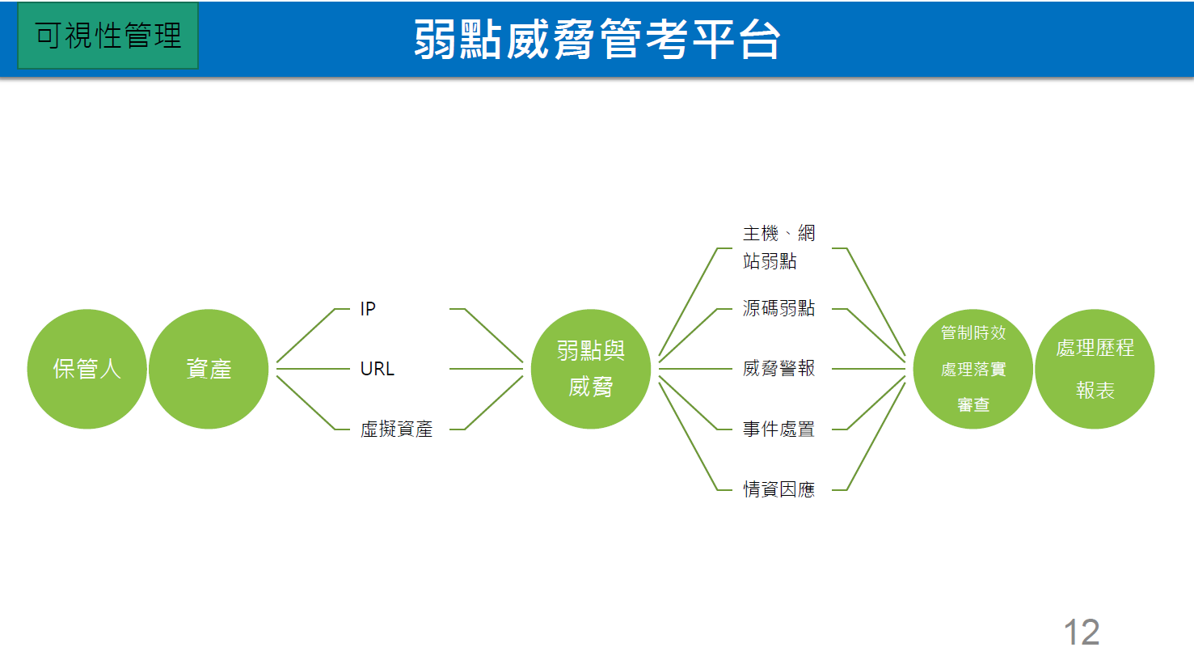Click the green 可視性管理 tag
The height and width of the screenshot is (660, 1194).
point(108,36)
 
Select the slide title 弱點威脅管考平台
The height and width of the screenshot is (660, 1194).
point(597,39)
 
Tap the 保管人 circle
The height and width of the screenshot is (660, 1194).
point(86,369)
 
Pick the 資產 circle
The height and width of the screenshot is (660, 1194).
point(209,369)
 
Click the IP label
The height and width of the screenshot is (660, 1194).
point(368,309)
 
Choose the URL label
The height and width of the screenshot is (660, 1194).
point(377,369)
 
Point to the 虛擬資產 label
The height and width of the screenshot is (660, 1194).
point(396,429)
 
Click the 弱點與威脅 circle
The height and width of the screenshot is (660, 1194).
point(591,369)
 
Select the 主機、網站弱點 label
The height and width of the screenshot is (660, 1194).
point(778,247)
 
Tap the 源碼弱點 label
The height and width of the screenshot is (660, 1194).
point(778,308)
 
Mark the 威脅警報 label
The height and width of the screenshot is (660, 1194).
point(778,369)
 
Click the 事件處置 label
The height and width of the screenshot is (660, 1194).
point(778,429)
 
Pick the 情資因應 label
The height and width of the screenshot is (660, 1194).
point(778,489)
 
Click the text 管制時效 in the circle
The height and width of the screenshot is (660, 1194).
point(973,332)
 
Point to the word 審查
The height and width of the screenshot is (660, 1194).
point(973,404)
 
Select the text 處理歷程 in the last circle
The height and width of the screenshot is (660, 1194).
point(1095,348)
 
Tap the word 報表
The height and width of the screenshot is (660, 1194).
point(1095,391)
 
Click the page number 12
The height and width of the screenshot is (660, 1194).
point(1081,632)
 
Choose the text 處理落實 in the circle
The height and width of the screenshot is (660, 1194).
point(973,369)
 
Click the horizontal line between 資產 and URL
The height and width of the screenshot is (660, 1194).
point(314,369)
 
